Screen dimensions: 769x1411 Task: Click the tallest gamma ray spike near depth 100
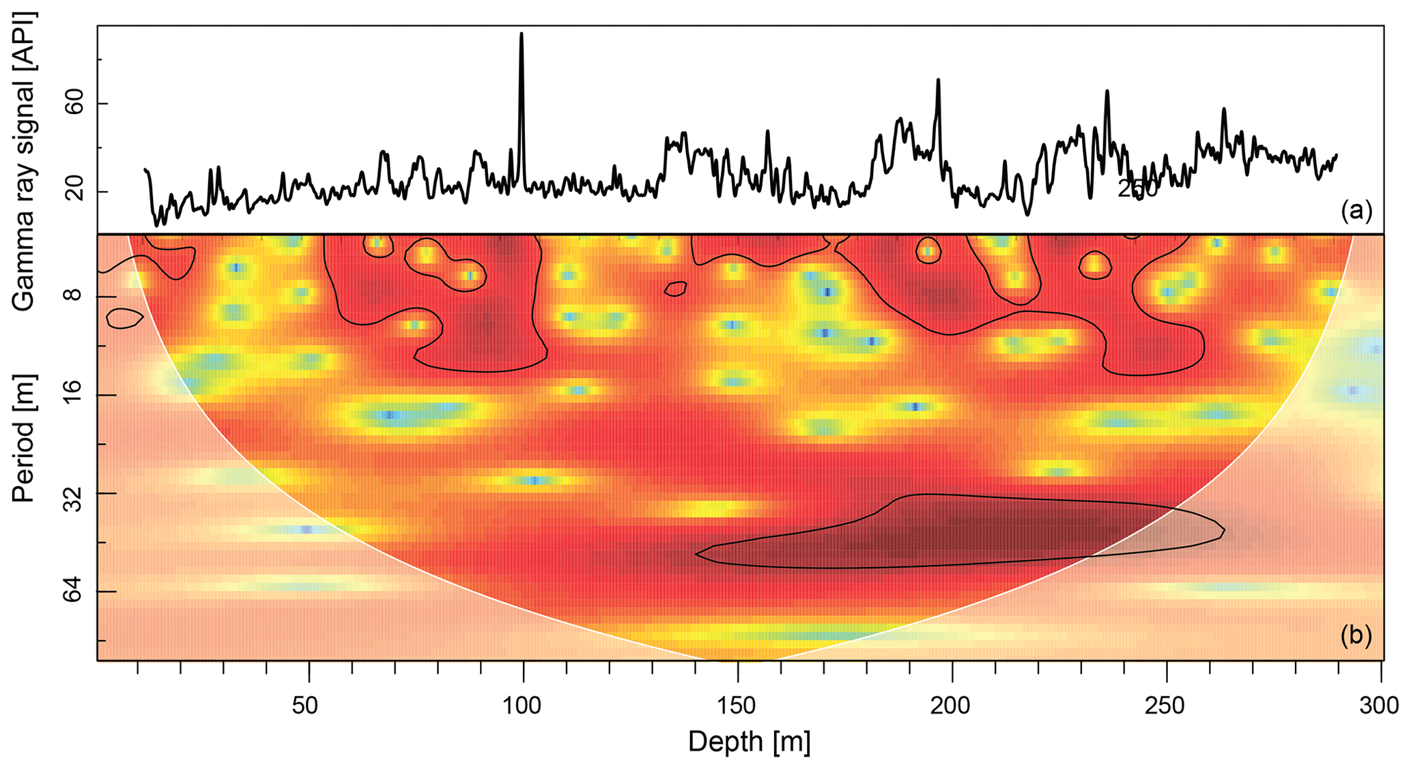pos(522,34)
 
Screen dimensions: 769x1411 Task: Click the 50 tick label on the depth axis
pos(305,706)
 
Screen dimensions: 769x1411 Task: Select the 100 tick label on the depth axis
pos(522,706)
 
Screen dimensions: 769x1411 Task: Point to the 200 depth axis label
pos(951,706)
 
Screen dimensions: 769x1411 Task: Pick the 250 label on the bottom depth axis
pos(1165,706)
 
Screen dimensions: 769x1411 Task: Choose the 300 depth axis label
pos(1378,706)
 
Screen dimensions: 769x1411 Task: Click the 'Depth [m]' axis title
pos(749,742)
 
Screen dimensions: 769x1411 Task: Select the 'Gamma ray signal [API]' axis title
pos(23,160)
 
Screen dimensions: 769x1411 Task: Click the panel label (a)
pos(1356,211)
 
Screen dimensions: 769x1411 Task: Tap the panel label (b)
pos(1356,635)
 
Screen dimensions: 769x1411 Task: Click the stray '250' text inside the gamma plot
pos(1137,189)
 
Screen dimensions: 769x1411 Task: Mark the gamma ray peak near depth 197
pos(938,81)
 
